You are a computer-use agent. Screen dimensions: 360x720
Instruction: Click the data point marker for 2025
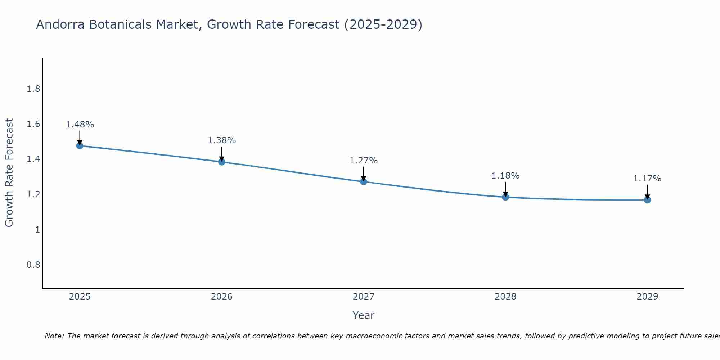point(80,146)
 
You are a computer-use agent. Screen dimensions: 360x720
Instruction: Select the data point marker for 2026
point(222,162)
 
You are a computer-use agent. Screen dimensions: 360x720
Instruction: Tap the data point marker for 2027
point(364,181)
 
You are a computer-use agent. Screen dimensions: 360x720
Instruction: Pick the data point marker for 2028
point(505,197)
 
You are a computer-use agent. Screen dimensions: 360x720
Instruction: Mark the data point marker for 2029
point(647,200)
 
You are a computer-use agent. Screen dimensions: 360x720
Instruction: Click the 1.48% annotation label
point(80,125)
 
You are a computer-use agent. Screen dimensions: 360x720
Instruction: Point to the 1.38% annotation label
point(222,140)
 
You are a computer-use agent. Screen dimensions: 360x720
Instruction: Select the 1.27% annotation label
point(364,161)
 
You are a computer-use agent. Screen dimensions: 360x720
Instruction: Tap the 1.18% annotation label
point(505,176)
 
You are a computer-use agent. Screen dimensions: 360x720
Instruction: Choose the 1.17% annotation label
point(647,179)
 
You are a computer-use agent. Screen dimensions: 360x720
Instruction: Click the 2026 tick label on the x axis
point(222,297)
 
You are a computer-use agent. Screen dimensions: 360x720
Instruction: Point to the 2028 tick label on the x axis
point(505,297)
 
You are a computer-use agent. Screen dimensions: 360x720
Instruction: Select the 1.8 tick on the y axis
point(33,89)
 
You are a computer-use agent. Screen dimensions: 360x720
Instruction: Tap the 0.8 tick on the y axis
point(33,265)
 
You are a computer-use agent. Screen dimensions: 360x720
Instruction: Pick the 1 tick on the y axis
point(37,230)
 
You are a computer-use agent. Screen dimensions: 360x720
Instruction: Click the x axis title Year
point(364,315)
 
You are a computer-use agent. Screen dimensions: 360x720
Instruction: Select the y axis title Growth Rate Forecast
point(9,173)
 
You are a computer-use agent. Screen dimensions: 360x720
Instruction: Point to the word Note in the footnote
point(54,336)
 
